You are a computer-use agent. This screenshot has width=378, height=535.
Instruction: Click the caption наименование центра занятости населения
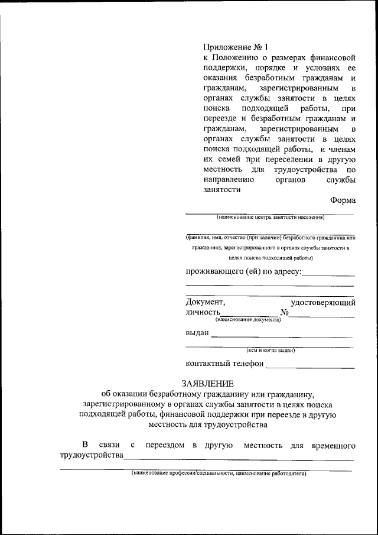[x=270, y=218]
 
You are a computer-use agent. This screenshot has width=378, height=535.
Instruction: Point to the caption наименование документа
[x=247, y=320]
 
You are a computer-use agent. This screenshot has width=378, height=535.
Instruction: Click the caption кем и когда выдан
[x=271, y=350]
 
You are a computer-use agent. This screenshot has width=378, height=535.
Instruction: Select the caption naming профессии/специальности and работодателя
[x=219, y=474]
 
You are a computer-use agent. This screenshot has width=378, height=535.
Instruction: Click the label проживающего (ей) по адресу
[x=243, y=271]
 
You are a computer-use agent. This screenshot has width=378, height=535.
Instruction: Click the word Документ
[x=205, y=302]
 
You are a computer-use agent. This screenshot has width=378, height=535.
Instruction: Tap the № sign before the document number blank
[x=284, y=312]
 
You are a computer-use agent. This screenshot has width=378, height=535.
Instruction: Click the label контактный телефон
[x=224, y=364]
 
